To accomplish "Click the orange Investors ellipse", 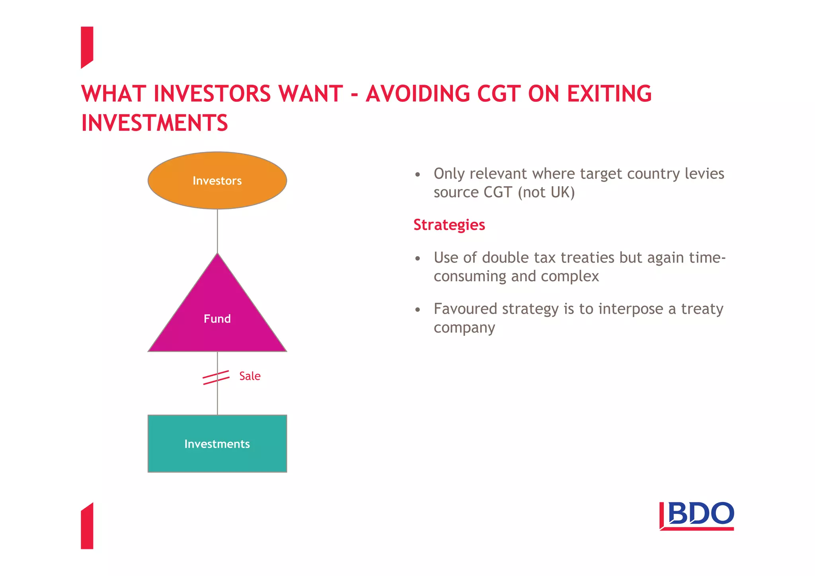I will coord(217,181).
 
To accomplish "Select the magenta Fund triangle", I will coord(217,314).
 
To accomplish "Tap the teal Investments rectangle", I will coord(217,444).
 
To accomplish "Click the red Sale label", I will coord(250,376).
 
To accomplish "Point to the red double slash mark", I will coord(216,377).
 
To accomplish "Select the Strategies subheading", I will coord(449,225).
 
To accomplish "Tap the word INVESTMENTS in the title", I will coord(154,123).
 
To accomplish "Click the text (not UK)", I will coord(546,193).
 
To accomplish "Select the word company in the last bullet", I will coord(464,328).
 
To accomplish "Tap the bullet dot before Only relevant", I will coord(417,175).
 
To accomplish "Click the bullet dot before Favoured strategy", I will coord(417,310).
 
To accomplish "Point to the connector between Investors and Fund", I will coord(217,231).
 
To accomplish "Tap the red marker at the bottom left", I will coord(87,527).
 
